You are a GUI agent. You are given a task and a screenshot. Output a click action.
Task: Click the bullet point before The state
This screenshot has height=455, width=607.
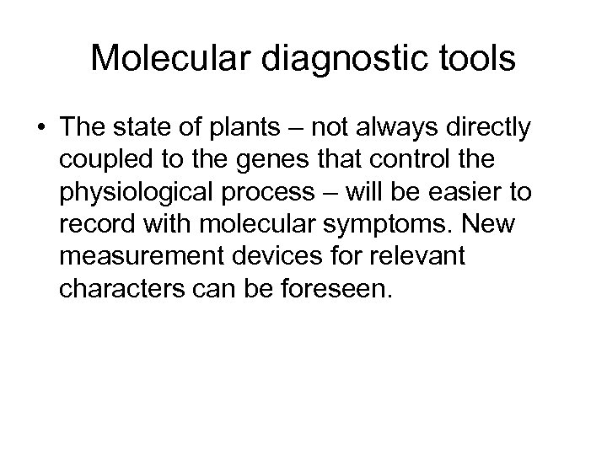tap(41, 129)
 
